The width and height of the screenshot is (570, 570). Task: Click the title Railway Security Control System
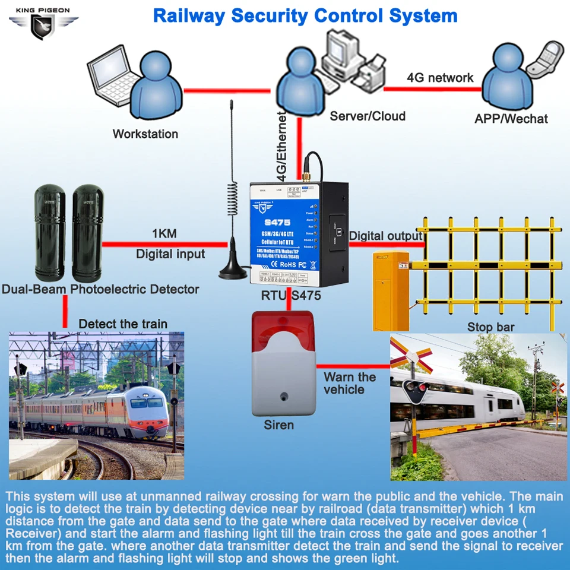[x=305, y=16]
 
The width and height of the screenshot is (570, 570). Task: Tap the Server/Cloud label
[x=368, y=116]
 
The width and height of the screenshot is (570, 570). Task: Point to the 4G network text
[x=440, y=78]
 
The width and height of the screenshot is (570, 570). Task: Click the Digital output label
[x=385, y=236]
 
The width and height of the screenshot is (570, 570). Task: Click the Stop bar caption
[x=490, y=327]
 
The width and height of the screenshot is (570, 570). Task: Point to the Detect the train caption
[x=123, y=324]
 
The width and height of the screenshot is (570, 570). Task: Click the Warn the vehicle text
[x=350, y=384]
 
